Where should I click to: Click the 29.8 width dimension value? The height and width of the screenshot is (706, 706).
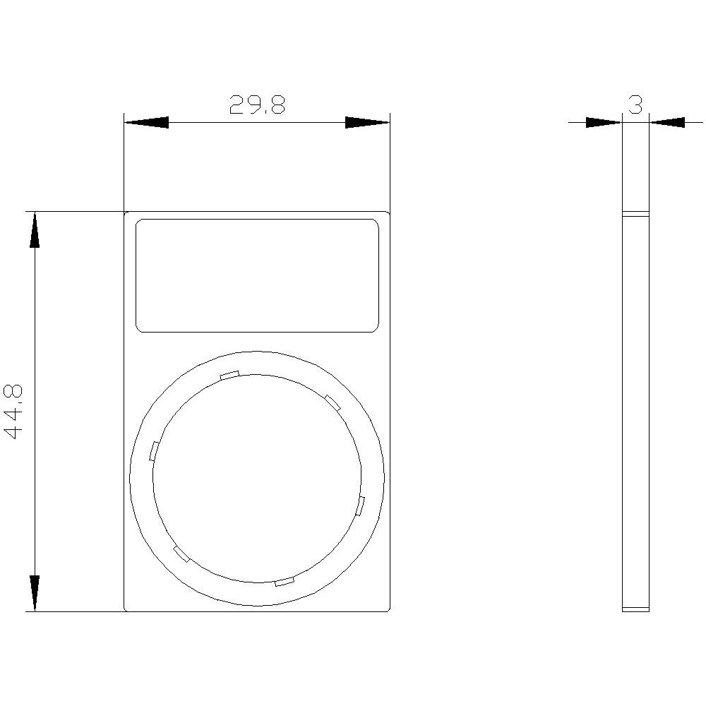256,105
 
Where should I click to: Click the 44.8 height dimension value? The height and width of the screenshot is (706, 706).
15,412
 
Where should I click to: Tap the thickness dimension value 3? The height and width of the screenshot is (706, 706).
635,105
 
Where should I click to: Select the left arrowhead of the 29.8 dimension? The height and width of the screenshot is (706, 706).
146,122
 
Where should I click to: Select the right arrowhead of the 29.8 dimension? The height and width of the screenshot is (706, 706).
367,122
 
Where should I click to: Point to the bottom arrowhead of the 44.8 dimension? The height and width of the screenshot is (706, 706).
34,592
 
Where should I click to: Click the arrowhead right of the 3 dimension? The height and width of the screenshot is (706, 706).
667,122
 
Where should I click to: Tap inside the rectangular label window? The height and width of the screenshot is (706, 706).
257,275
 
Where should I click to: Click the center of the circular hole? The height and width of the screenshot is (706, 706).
257,478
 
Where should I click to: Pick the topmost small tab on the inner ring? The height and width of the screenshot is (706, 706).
229,375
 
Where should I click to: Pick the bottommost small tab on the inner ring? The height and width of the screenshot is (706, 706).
284,581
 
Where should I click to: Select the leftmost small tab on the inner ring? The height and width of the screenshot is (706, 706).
153,450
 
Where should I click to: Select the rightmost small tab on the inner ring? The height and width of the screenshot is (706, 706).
361,505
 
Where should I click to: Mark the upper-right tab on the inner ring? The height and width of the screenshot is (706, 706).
333,402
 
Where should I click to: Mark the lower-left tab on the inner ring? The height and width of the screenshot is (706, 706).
181,554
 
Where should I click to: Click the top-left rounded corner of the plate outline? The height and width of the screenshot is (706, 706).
126,213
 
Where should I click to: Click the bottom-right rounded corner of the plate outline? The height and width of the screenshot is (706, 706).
388,609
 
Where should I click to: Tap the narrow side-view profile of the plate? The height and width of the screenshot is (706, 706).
635,409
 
